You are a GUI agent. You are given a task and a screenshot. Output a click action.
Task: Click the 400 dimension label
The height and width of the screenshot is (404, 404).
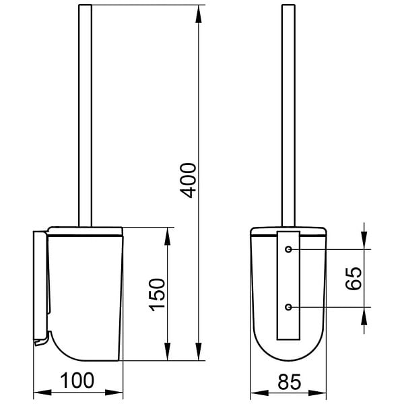188,180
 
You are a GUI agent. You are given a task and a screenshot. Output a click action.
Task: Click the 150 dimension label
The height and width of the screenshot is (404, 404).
157,295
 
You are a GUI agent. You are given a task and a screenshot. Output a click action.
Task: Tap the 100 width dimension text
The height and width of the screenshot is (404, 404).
77,380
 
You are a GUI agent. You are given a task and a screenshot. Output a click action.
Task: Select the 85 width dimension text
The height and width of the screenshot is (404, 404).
290,382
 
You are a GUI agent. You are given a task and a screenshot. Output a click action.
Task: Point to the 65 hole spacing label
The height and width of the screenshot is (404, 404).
353,279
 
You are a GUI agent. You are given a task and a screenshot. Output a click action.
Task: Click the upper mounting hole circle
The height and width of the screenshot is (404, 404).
288,249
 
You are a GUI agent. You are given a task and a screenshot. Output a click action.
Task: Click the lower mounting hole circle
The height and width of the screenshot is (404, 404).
288,307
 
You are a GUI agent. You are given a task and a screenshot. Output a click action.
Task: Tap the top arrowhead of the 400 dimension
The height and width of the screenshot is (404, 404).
199,14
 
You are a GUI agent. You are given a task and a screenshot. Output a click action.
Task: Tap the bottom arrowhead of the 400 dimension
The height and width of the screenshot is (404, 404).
199,351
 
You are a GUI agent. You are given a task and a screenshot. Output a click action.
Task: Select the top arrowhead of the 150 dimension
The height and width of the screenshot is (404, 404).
168,236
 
